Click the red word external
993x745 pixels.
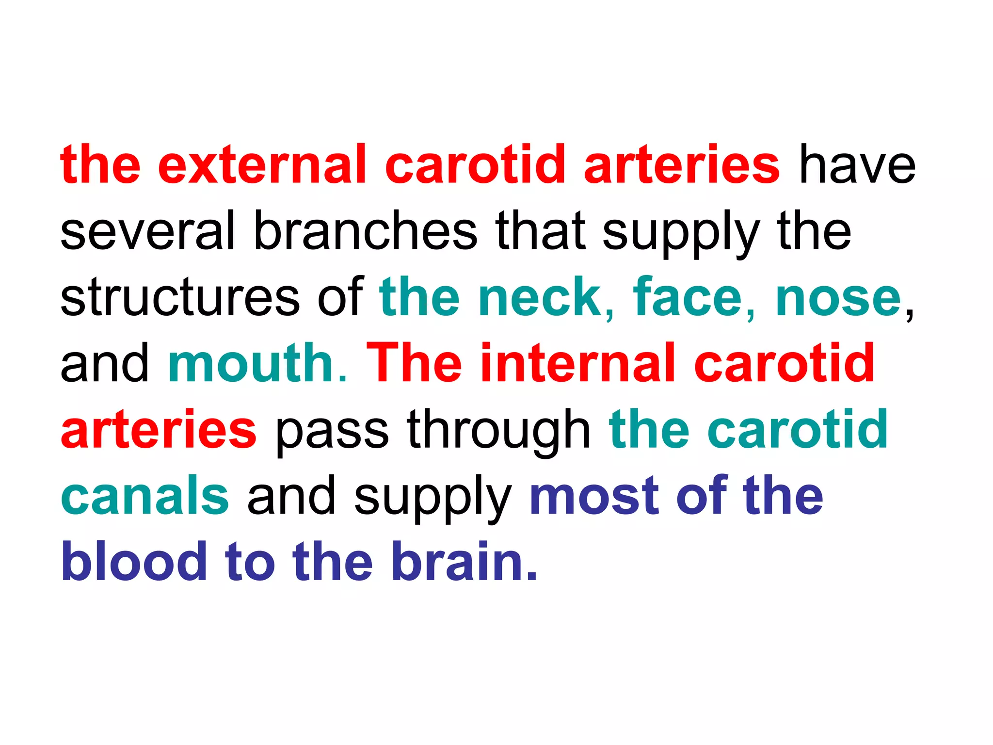click(262, 165)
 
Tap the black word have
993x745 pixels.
click(857, 165)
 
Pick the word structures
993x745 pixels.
click(180, 297)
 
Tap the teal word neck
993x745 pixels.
click(545, 297)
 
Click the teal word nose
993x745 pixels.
click(838, 297)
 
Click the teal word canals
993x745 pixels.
click(145, 496)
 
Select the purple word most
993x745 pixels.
click(593, 496)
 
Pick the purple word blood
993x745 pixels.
click(134, 562)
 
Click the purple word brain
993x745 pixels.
click(464, 562)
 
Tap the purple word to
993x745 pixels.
click(250, 562)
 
